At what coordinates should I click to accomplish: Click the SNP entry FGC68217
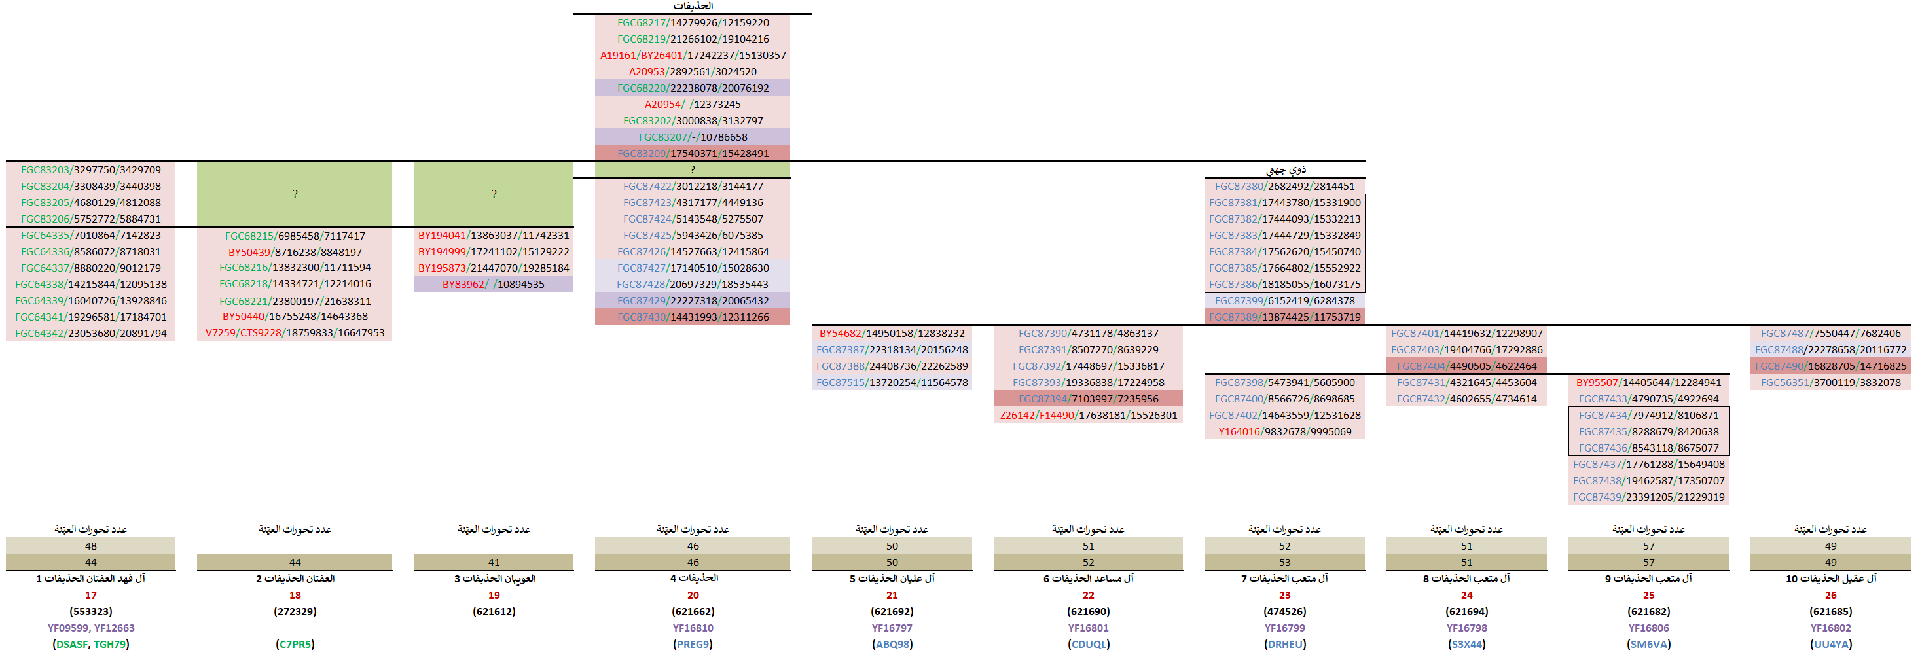pos(693,22)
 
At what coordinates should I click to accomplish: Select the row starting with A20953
pos(693,71)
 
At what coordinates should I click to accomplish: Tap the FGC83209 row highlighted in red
pos(693,154)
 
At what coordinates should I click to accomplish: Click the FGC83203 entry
pos(90,170)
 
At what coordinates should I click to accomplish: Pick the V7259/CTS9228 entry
pos(295,333)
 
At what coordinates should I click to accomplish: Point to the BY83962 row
pos(493,284)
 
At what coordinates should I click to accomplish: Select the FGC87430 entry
pos(693,317)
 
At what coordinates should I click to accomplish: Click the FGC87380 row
pos(1284,187)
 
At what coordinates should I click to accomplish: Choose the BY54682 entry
pos(892,333)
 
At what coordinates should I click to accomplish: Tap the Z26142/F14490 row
pos(1088,416)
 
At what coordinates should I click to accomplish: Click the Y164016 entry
pos(1284,432)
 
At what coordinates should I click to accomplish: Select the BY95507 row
pos(1648,382)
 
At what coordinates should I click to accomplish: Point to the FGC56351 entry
pos(1830,382)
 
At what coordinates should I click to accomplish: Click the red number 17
pos(90,595)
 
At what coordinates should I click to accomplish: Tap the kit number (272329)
pos(295,611)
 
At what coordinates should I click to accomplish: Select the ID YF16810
pos(693,628)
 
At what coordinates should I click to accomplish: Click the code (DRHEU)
pos(1284,644)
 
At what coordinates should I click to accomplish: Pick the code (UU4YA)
pos(1830,644)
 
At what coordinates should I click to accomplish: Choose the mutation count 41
pos(494,562)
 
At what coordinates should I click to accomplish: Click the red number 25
pos(1648,595)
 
